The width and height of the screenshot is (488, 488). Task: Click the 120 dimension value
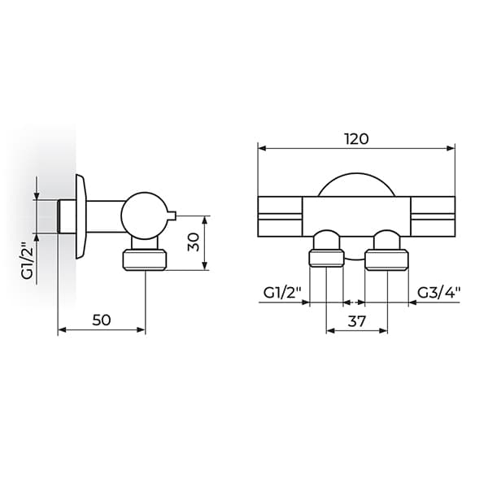tap(356, 138)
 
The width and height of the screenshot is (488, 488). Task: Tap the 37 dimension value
tap(356, 321)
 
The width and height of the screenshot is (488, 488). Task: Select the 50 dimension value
tap(101, 320)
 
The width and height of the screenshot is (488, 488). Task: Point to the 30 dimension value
tap(193, 242)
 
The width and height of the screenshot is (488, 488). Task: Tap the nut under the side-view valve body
tap(145, 260)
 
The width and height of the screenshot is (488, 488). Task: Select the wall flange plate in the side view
tap(81, 216)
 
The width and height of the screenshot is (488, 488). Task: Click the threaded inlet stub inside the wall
tap(67, 216)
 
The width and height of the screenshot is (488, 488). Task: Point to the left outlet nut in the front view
tap(325, 259)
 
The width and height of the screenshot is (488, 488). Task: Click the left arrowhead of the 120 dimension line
tap(263, 148)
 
